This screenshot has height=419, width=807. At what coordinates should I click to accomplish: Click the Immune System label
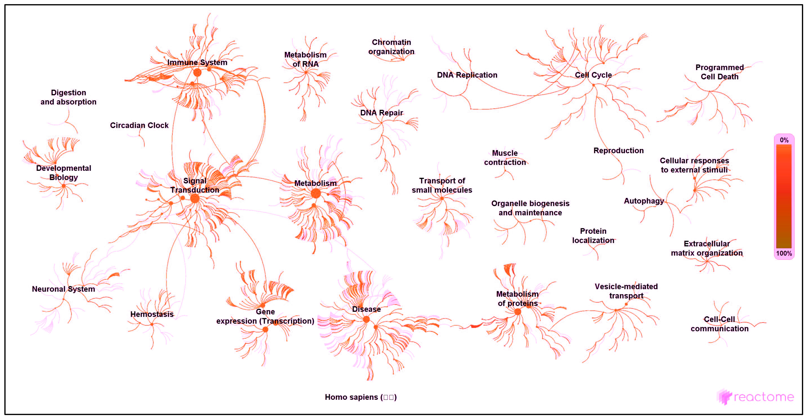click(x=197, y=62)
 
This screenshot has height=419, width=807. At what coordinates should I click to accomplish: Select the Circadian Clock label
click(x=139, y=125)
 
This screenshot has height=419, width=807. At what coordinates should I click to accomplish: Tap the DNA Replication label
click(x=467, y=75)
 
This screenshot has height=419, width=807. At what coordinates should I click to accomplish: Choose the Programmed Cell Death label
click(x=719, y=72)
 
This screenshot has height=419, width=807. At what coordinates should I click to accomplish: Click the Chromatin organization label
click(x=391, y=47)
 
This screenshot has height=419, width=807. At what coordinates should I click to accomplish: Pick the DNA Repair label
click(x=381, y=113)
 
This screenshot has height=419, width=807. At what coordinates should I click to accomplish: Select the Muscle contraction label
click(x=505, y=158)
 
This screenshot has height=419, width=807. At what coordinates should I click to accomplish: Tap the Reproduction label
click(x=618, y=151)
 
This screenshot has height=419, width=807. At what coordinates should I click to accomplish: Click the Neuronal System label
click(x=63, y=289)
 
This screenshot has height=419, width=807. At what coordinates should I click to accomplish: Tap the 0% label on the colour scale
click(x=784, y=140)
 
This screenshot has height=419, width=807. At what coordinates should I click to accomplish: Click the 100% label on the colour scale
click(x=784, y=253)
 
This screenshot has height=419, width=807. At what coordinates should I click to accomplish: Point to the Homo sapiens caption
click(x=360, y=397)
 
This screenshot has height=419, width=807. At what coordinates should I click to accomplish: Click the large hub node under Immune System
click(x=197, y=73)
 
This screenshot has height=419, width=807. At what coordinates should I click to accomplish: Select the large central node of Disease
click(x=366, y=319)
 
